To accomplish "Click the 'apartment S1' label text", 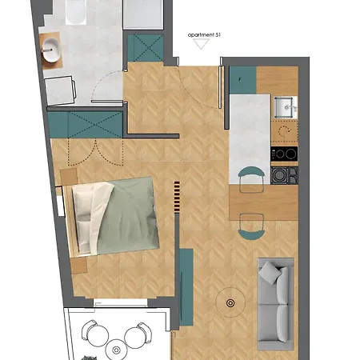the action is (x=204, y=35).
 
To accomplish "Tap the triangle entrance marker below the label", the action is (x=202, y=44).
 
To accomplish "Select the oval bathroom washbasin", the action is (x=51, y=50).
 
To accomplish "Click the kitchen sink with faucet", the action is (x=286, y=107).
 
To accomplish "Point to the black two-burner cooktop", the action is (x=284, y=154).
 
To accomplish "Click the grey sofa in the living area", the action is (x=275, y=304).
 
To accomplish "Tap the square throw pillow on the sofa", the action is (x=270, y=273).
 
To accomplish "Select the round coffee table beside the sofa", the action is (x=230, y=303).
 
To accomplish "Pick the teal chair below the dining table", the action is (x=251, y=226).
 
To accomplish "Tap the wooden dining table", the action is (x=263, y=202).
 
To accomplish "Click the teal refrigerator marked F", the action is (x=243, y=80).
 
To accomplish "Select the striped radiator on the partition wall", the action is (x=177, y=197).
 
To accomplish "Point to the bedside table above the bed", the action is (x=69, y=177).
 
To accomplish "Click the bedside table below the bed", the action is (x=79, y=266).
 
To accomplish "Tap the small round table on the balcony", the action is (x=116, y=350).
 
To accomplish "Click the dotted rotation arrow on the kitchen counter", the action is (x=284, y=130).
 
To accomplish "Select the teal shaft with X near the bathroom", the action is (x=146, y=48).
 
